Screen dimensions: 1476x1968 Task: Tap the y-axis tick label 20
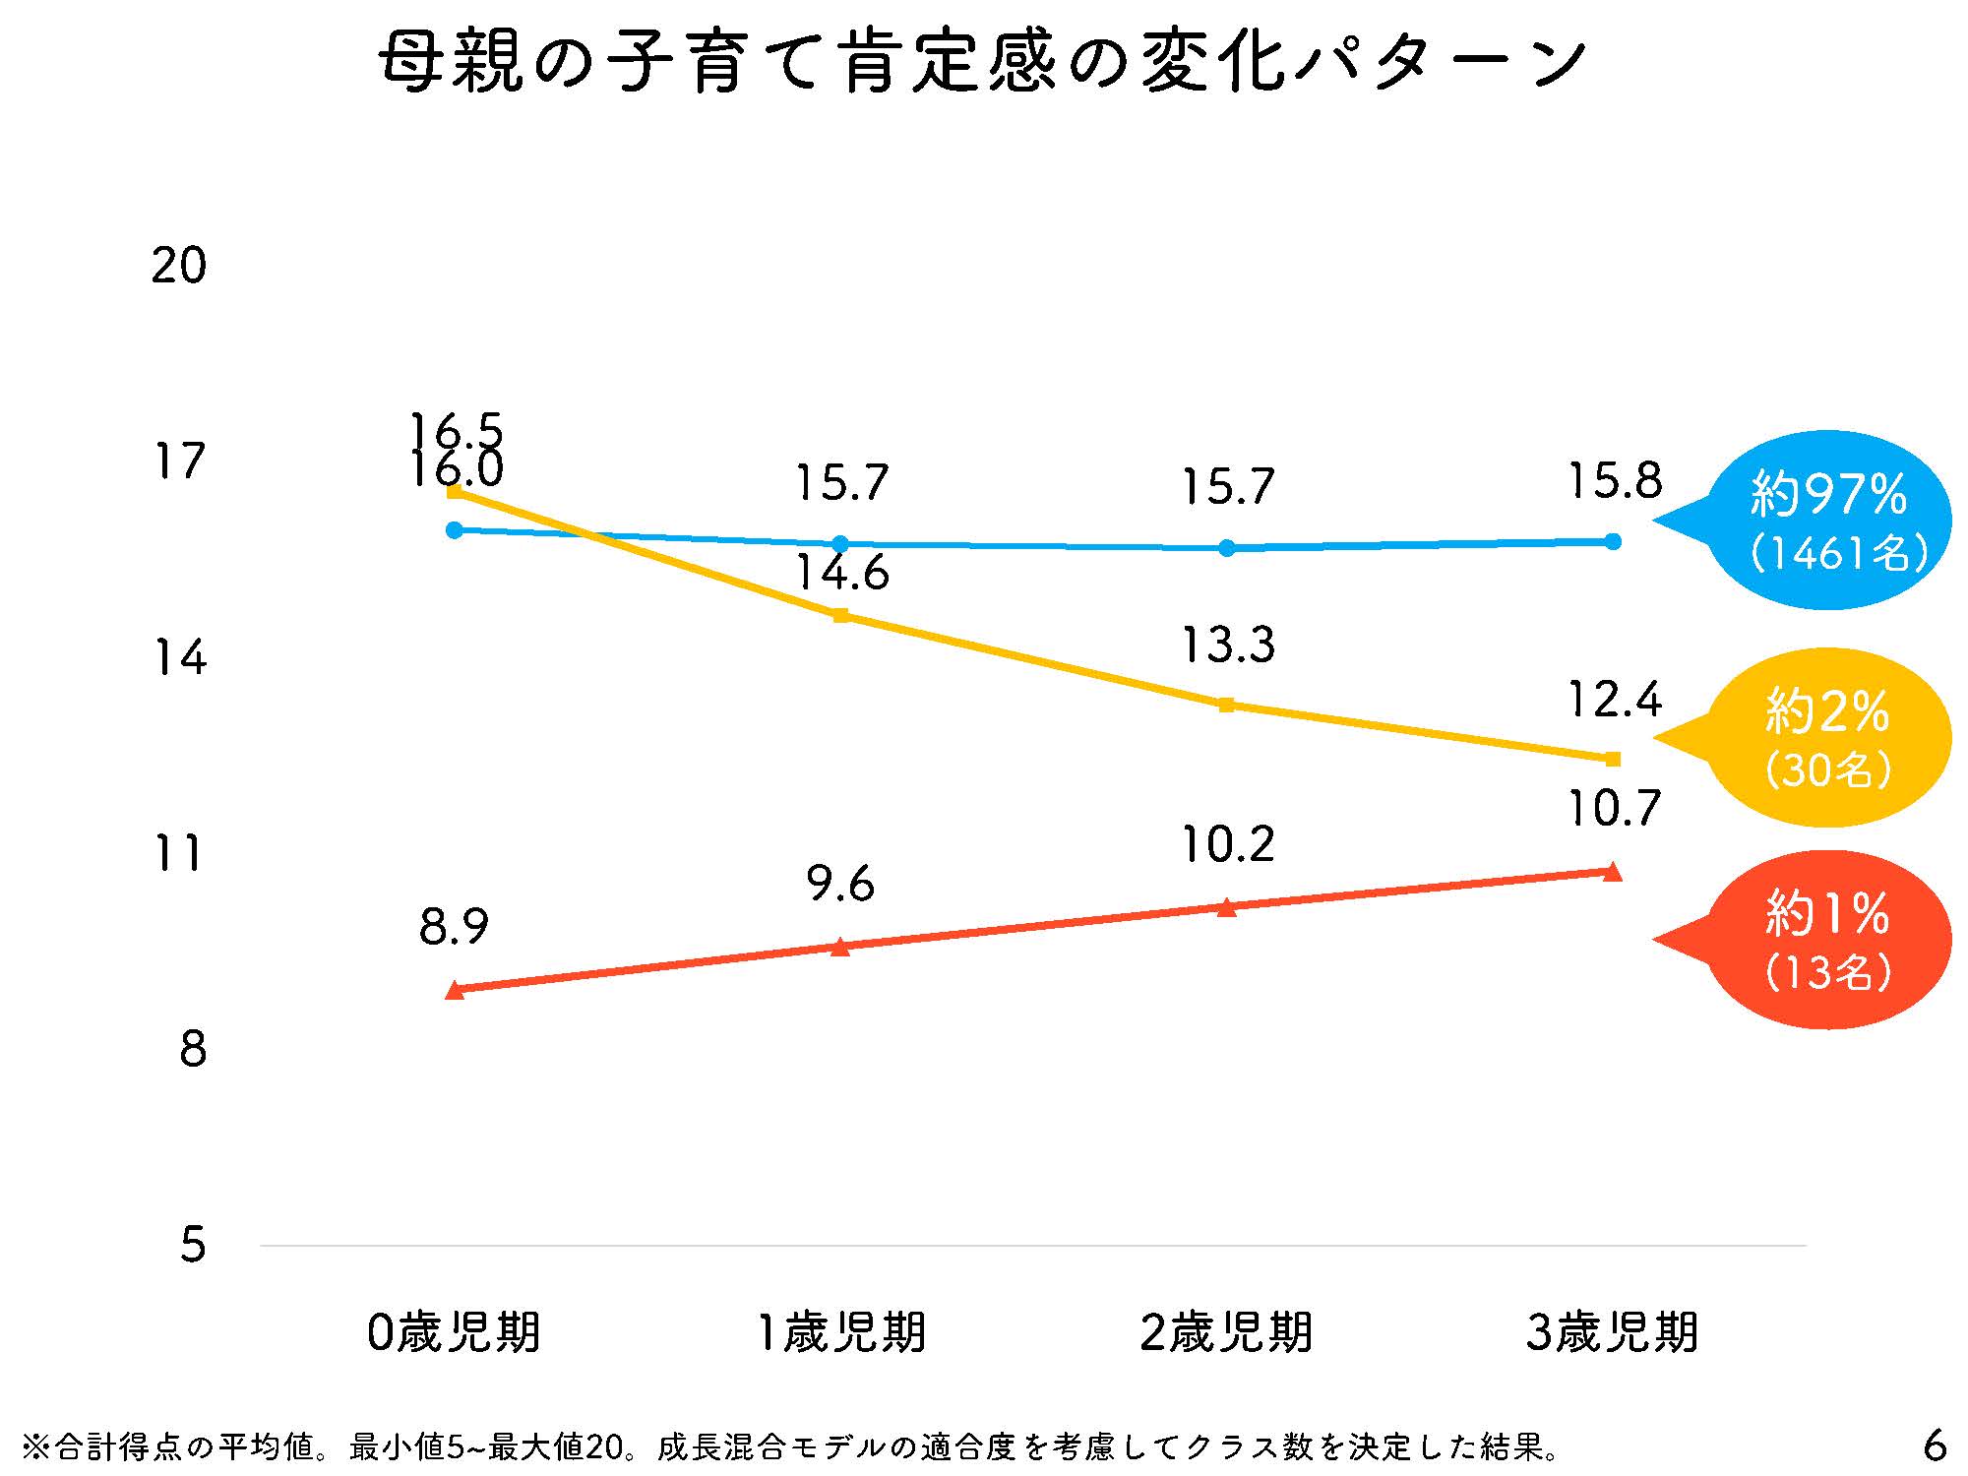(179, 266)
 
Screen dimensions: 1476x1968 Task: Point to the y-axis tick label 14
(179, 657)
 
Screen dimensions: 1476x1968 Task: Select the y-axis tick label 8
(193, 1050)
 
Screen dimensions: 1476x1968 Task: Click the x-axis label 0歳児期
(454, 1333)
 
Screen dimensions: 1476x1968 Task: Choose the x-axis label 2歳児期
(1226, 1333)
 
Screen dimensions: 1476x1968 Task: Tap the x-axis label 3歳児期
(1612, 1333)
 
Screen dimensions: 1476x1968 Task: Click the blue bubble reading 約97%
(1828, 520)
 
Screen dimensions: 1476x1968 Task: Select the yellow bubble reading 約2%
(1828, 737)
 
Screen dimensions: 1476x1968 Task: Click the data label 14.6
(841, 573)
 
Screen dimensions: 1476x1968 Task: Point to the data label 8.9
(454, 927)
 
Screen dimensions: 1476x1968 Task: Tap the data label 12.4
(1614, 700)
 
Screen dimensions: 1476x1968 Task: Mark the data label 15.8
(1614, 481)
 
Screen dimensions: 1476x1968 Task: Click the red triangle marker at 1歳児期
(840, 947)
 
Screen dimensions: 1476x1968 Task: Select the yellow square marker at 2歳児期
(1226, 705)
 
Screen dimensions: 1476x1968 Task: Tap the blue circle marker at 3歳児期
(1613, 541)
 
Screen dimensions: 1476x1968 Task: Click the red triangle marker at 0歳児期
(455, 990)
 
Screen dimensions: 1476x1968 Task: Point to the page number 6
(1934, 1445)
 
